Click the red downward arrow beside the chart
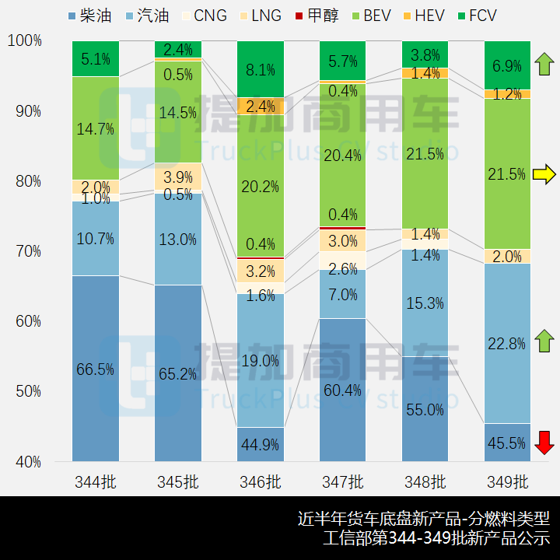point(545,442)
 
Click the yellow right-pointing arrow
point(545,174)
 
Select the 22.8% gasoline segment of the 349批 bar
point(507,343)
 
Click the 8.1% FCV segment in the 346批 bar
point(261,69)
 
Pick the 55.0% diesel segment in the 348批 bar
point(425,408)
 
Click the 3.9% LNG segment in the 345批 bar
point(178,177)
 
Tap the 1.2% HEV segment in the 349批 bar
point(507,94)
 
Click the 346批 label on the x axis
point(261,481)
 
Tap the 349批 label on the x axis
point(507,481)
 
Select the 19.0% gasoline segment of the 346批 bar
point(261,360)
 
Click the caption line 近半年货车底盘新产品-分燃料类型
point(424,518)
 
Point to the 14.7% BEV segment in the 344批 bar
point(96,128)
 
